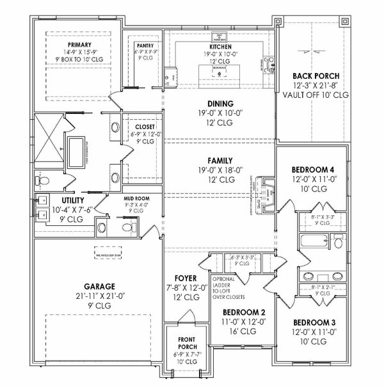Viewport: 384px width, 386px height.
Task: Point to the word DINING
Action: pyautogui.click(x=220, y=103)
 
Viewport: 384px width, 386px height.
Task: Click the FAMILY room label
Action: pyautogui.click(x=220, y=161)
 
